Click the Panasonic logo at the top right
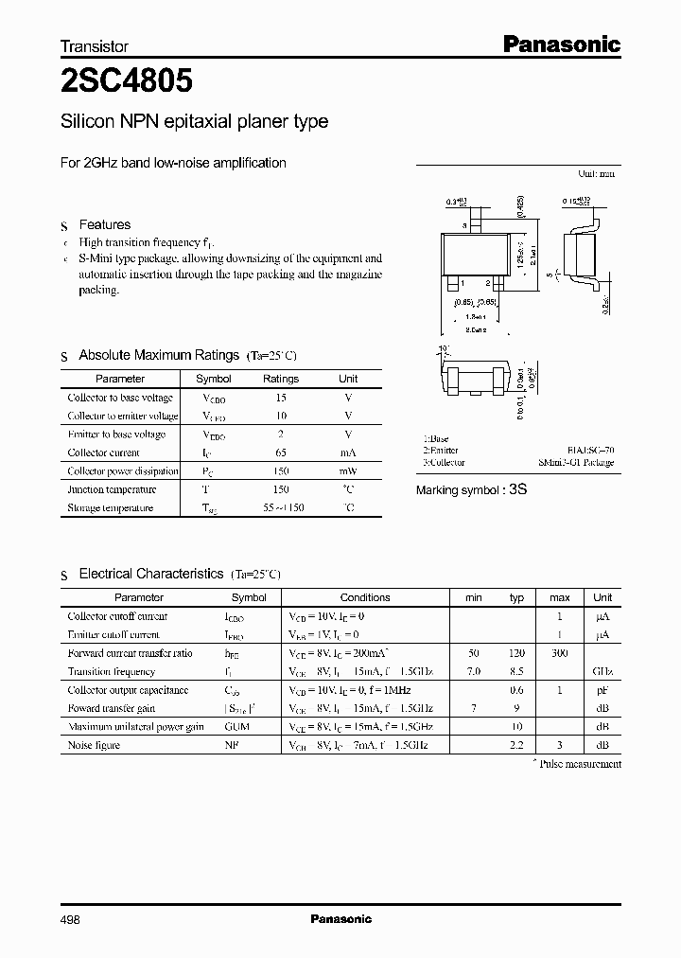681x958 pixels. click(x=561, y=44)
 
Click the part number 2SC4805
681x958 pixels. click(x=127, y=82)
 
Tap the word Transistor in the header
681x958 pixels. click(x=95, y=45)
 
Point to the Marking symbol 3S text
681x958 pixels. click(x=471, y=490)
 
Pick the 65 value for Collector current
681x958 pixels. click(x=281, y=452)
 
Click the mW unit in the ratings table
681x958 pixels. click(x=348, y=471)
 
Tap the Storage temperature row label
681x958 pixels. click(x=110, y=508)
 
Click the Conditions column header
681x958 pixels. click(x=365, y=597)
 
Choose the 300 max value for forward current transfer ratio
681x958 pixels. click(x=559, y=653)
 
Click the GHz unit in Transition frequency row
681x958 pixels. click(x=602, y=671)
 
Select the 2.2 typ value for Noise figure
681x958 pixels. click(x=516, y=745)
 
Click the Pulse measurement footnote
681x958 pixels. click(x=577, y=763)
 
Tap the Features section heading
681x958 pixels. click(x=104, y=224)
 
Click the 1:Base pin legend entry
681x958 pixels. click(x=436, y=439)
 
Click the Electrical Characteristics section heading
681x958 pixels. click(x=151, y=574)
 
